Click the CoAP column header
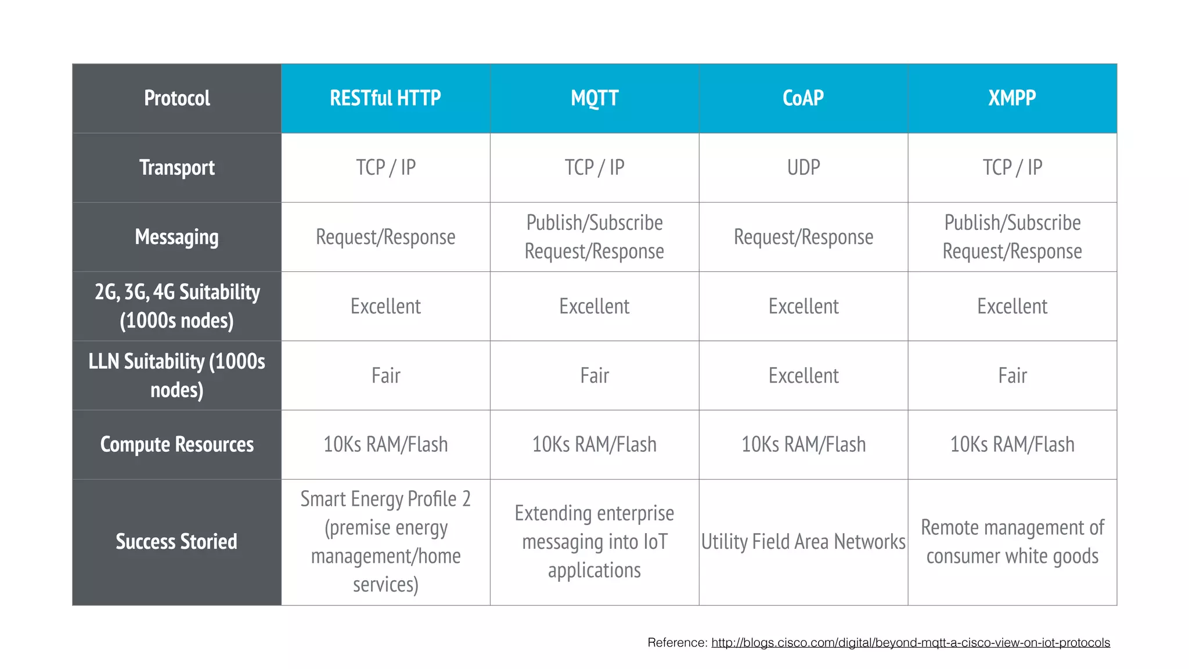(x=803, y=98)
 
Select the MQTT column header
(x=594, y=98)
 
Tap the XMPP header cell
(x=1012, y=98)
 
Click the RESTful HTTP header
(x=385, y=98)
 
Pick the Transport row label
(x=177, y=168)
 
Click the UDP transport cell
(x=803, y=168)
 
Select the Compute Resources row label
(x=177, y=445)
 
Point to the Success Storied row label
(x=177, y=542)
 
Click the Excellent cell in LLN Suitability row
(x=803, y=376)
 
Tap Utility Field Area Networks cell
(x=803, y=542)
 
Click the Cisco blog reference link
(x=910, y=643)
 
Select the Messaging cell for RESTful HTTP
(x=385, y=237)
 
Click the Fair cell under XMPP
(x=1012, y=376)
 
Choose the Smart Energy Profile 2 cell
(x=385, y=542)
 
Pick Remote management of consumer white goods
(x=1012, y=542)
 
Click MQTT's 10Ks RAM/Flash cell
(x=594, y=445)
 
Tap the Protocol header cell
(x=177, y=98)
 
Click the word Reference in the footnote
(x=676, y=643)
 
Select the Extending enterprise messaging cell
(x=594, y=542)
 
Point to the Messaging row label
(x=177, y=237)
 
